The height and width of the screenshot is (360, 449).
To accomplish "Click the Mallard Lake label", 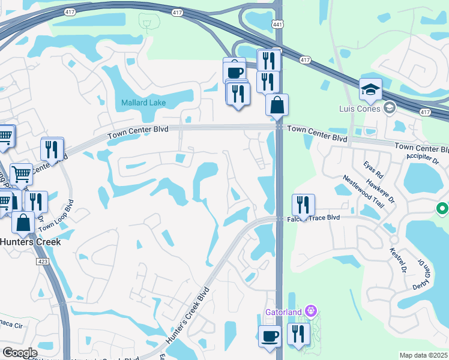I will [x=143, y=103].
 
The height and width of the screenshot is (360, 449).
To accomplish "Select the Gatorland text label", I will [x=285, y=311].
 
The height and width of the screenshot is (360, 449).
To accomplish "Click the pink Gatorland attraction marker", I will [x=310, y=311].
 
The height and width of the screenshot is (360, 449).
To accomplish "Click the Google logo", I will [x=20, y=353].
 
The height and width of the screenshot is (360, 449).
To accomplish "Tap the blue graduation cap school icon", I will [x=371, y=89].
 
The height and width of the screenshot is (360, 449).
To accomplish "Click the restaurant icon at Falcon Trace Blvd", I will [x=304, y=205].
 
